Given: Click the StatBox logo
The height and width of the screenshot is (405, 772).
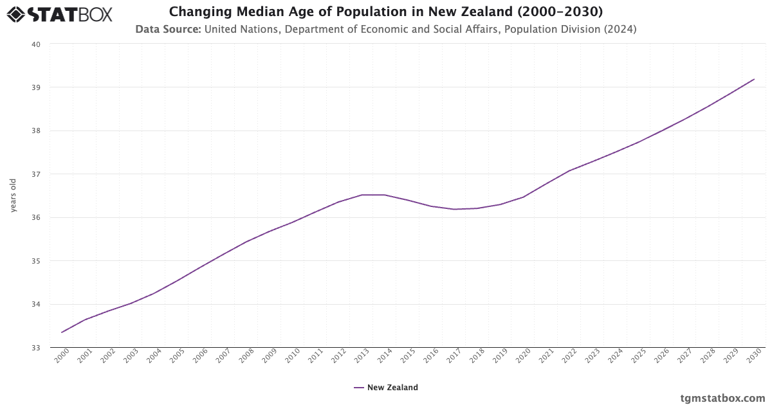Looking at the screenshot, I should pos(59,14).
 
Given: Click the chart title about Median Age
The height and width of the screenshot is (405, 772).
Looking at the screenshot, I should pos(386,12).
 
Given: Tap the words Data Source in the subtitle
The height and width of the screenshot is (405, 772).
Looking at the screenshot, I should pos(169,29).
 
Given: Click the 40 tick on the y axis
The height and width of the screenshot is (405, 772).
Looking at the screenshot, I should pos(36,44).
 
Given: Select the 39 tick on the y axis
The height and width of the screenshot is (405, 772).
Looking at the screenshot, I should pos(36,87).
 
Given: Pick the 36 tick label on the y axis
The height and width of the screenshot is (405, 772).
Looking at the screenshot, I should pos(36,218).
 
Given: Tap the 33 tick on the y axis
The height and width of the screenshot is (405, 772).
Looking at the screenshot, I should pos(36,348).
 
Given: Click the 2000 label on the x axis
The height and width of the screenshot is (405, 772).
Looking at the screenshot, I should pos(61,356).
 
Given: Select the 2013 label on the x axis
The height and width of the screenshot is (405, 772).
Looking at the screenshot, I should pos(362,356).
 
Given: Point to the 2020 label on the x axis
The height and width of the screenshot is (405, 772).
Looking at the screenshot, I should pos(523,356).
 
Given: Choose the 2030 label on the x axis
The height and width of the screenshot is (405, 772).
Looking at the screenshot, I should pos(754,356).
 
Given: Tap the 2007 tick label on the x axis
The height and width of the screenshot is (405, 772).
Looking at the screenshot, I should pos(223,356).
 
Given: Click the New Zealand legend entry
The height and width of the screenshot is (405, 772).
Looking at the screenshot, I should pos(386,388).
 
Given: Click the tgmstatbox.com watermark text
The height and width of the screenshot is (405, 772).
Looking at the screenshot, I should pos(722,398).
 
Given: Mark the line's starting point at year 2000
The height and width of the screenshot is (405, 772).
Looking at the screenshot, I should pos(62,332).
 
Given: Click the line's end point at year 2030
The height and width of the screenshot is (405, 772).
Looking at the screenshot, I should pos(754,79).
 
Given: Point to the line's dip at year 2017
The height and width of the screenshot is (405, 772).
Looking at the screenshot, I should pos(454,209).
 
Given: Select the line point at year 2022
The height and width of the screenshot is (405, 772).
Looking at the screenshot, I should pos(569,170).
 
